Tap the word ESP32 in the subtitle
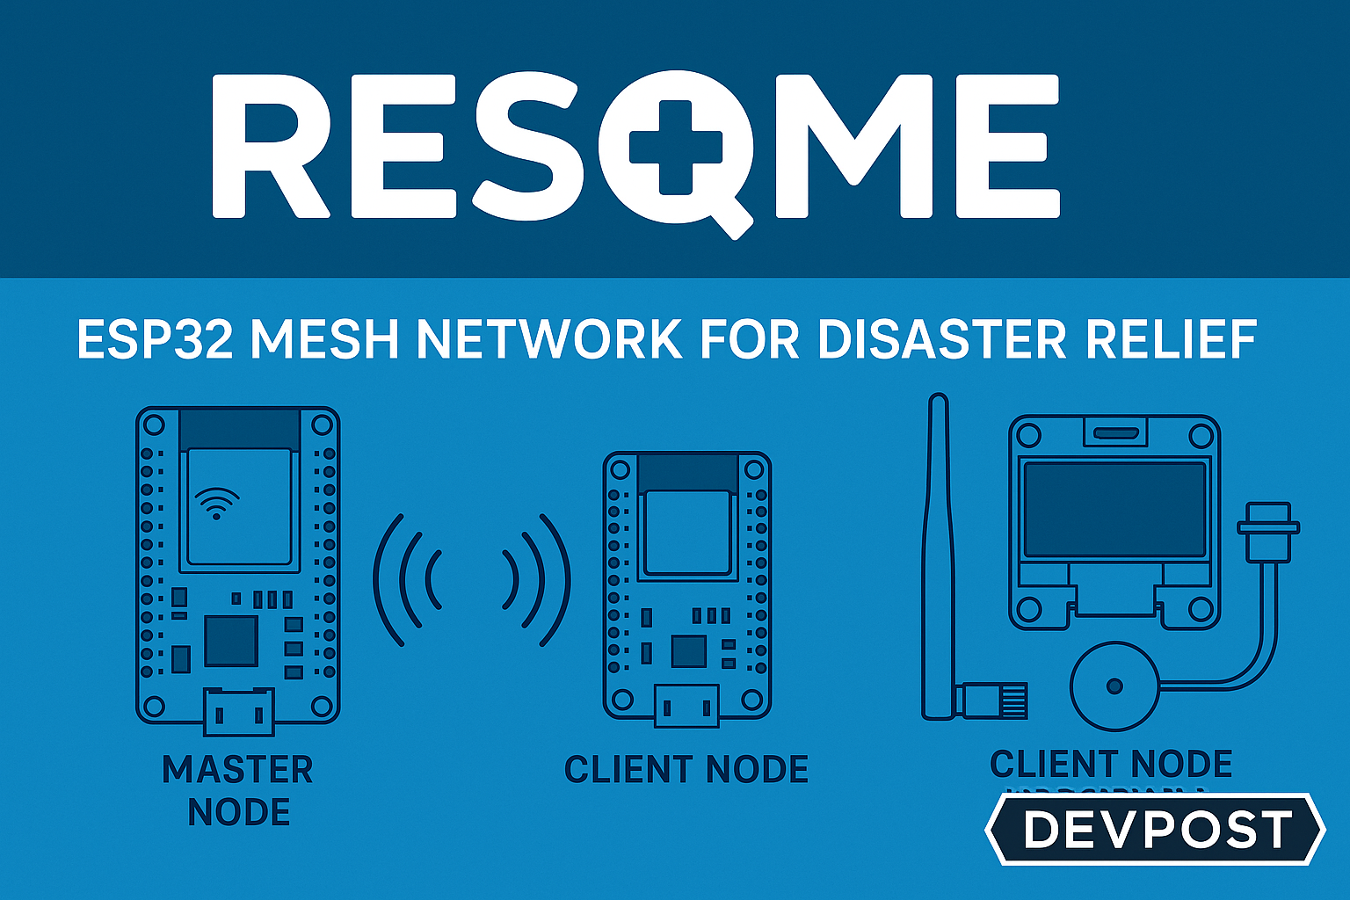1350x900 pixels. [155, 339]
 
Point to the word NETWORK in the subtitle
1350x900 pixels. [549, 339]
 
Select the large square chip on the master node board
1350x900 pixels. [231, 641]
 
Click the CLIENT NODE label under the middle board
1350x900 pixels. [686, 770]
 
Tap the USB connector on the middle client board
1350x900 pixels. [686, 705]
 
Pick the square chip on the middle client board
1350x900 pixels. [688, 651]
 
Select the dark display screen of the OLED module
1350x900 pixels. [1114, 510]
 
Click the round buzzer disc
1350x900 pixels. [1114, 686]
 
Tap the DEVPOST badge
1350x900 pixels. [1156, 830]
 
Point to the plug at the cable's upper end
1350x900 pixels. [1267, 527]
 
